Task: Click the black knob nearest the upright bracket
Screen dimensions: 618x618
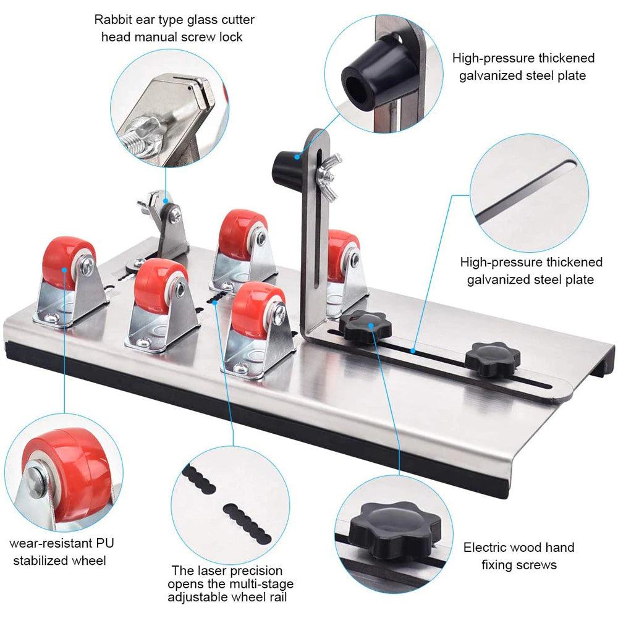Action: point(362,326)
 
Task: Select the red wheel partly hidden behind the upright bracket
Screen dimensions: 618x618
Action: point(341,253)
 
